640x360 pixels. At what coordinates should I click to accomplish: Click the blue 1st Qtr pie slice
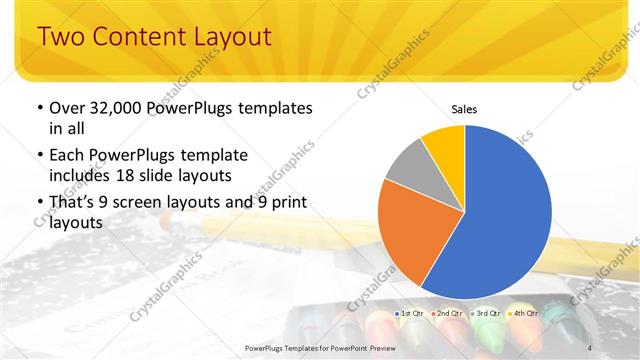point(505,215)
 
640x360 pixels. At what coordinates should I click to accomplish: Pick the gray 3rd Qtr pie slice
point(408,167)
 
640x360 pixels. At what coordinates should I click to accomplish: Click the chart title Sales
point(464,108)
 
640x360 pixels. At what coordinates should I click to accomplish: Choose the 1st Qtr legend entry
point(412,313)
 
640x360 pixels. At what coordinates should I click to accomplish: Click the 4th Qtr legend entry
point(522,313)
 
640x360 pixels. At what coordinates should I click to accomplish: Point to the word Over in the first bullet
point(68,108)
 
